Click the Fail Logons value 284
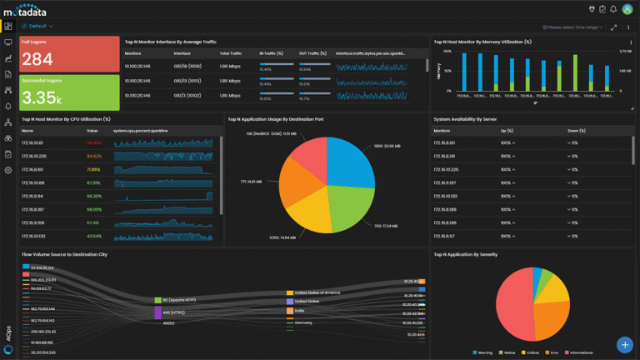37,59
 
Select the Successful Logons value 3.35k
41,97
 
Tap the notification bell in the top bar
613,9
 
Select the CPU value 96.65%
94,142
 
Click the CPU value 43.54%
93,236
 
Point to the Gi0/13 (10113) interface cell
187,81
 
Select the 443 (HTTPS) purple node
157,312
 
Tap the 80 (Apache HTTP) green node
157,300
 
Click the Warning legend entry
483,352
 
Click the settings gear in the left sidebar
8,170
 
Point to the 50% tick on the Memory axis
447,71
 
